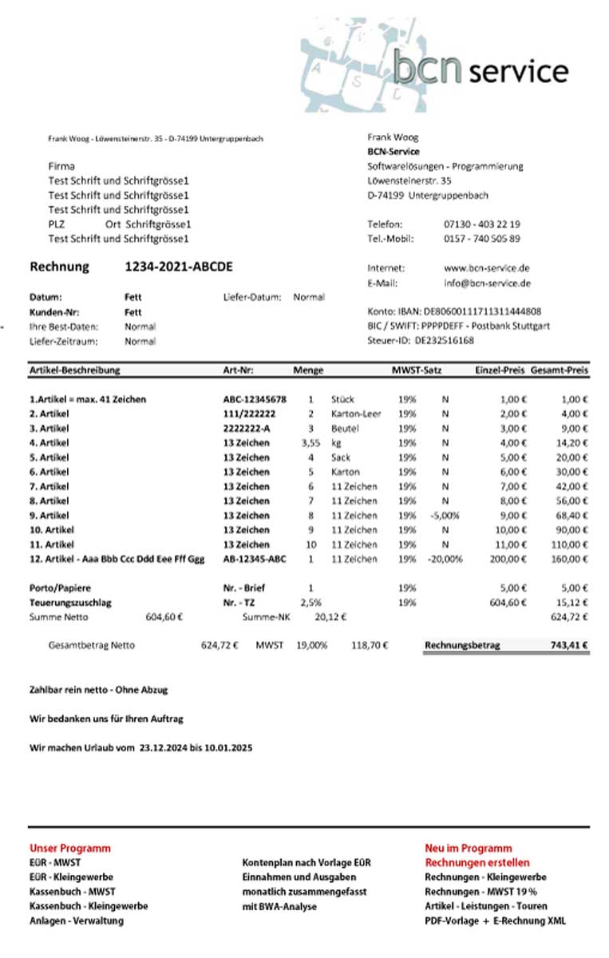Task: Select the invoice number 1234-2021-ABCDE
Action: click(x=179, y=267)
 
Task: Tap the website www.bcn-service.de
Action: click(x=487, y=268)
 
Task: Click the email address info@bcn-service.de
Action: click(x=487, y=283)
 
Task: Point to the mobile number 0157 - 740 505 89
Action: click(x=482, y=239)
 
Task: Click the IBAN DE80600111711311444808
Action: click(x=481, y=311)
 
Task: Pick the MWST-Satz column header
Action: click(x=416, y=370)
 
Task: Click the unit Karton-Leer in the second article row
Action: click(x=356, y=414)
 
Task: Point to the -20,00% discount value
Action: click(x=445, y=559)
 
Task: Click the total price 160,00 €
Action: click(x=571, y=559)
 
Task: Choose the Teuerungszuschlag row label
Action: click(x=70, y=602)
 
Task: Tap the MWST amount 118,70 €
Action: click(x=369, y=645)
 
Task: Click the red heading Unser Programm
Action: click(x=70, y=848)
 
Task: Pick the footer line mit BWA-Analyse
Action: click(x=279, y=906)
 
